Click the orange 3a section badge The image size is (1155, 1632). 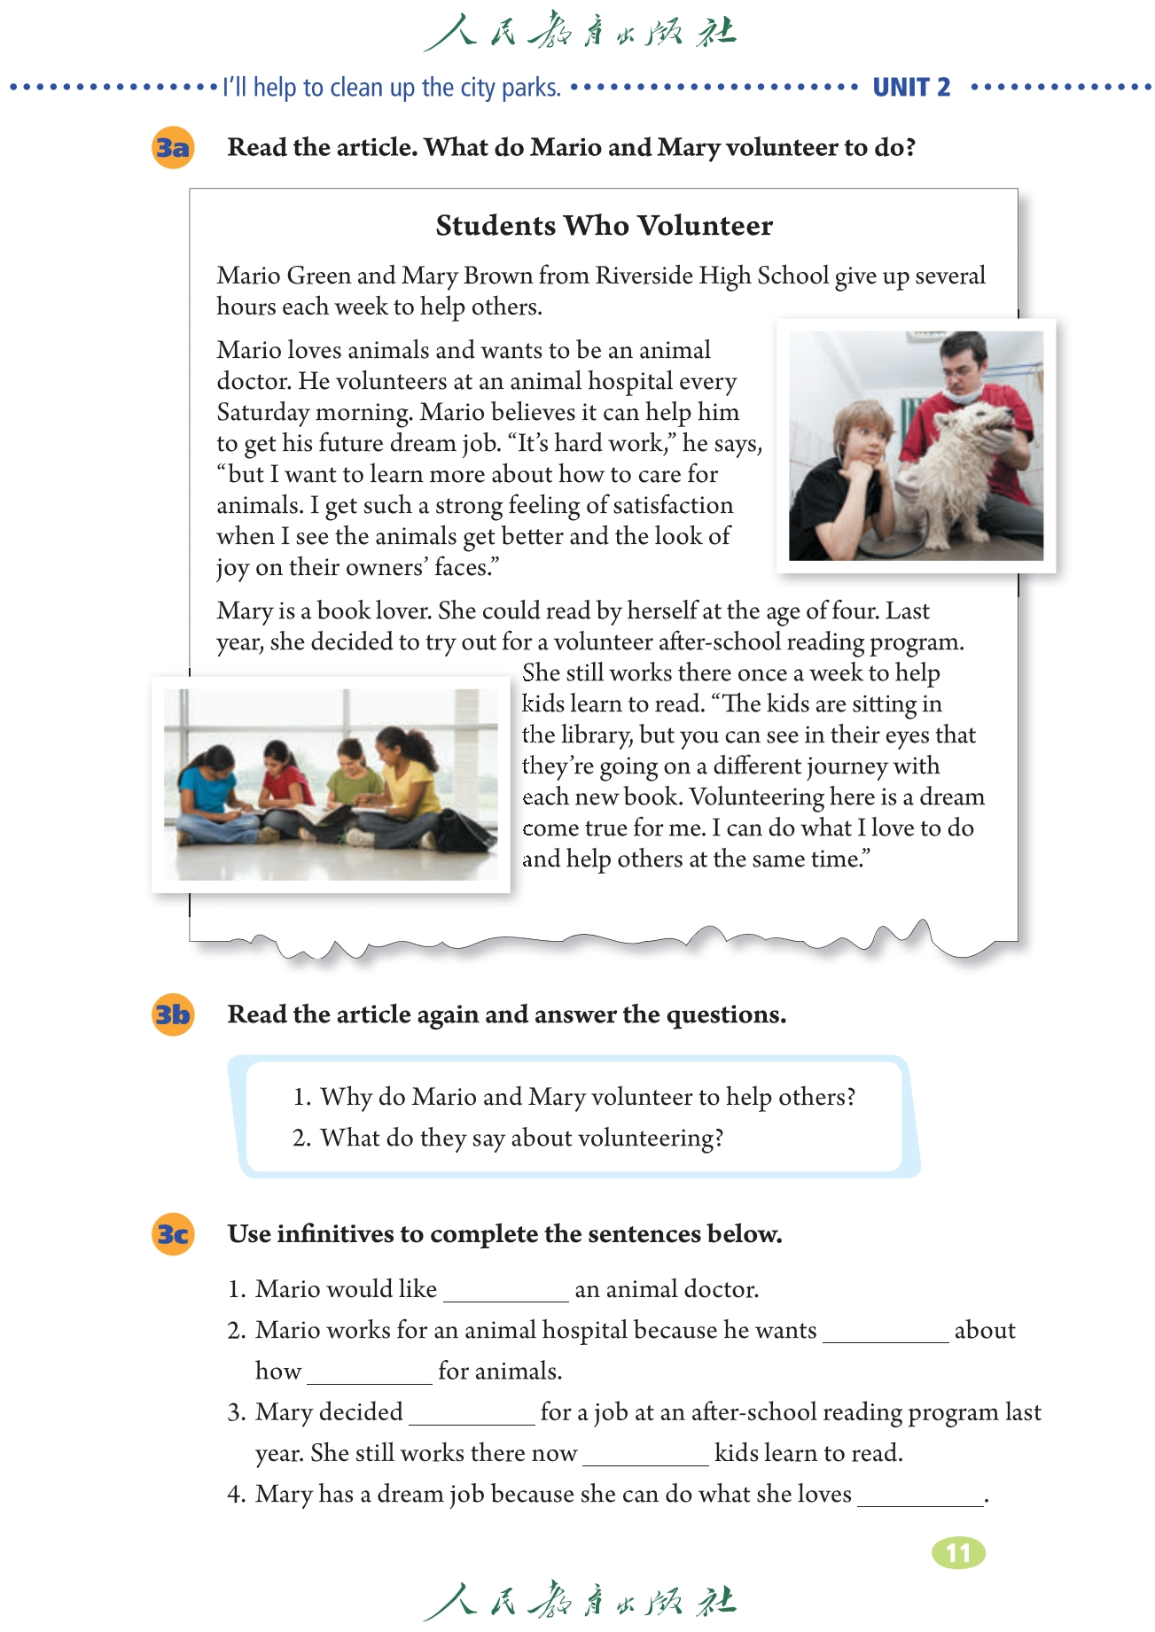pyautogui.click(x=173, y=147)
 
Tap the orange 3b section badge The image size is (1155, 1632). pyautogui.click(x=173, y=1014)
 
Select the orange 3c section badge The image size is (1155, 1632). pyautogui.click(x=173, y=1234)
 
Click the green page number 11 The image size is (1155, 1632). pyautogui.click(x=958, y=1552)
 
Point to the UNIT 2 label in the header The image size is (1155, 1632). pyautogui.click(x=911, y=87)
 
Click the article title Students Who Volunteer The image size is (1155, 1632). pyautogui.click(x=604, y=226)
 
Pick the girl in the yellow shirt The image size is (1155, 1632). pyautogui.click(x=407, y=771)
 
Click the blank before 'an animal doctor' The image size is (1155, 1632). pyautogui.click(x=505, y=1291)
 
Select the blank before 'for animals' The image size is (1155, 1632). pyautogui.click(x=369, y=1373)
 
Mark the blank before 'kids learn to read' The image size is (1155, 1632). pyautogui.click(x=645, y=1455)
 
